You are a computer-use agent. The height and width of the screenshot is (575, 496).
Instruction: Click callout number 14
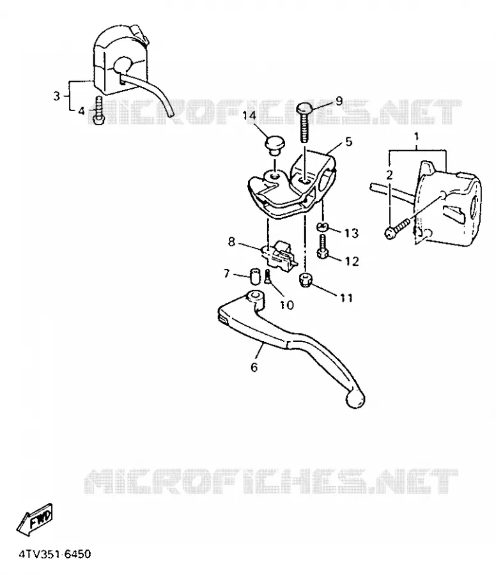point(249,115)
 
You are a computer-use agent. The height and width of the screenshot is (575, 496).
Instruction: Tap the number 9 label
point(339,100)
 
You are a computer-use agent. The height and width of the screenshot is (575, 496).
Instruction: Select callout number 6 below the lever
point(254,367)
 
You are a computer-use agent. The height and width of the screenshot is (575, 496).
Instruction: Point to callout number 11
point(346,298)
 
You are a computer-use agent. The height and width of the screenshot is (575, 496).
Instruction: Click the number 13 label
point(351,233)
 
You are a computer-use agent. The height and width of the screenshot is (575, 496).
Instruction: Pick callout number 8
point(231,241)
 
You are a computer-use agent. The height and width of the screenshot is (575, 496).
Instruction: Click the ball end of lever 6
point(355,399)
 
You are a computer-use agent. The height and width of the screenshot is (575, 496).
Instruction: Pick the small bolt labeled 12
point(322,247)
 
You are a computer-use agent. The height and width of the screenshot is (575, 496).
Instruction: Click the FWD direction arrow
point(35,519)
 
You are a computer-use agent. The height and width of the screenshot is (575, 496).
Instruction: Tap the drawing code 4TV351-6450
point(55,553)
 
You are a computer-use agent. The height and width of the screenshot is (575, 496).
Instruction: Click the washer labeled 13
point(322,226)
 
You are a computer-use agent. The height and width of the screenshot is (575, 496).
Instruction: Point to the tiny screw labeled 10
point(267,277)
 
